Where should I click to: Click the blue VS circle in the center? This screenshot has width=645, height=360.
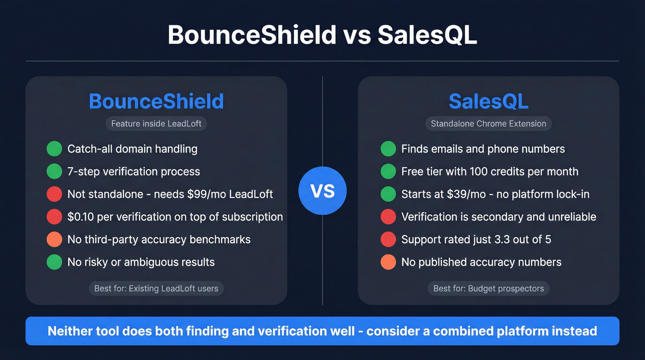point(322,190)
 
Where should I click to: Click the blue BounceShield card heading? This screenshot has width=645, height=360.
point(156,101)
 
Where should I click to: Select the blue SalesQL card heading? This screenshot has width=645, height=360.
point(488,101)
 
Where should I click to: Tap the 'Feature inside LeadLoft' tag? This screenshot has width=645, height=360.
point(156,124)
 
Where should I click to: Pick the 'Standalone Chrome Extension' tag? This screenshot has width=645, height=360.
point(488,124)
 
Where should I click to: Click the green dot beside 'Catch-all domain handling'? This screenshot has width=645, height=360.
point(54,149)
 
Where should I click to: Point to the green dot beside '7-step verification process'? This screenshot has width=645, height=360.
point(54,171)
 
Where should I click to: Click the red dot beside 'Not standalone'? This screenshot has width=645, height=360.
point(54,194)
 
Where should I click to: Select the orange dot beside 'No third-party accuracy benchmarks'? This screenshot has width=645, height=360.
point(54,240)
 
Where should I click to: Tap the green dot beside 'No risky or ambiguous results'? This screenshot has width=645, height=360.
point(54,262)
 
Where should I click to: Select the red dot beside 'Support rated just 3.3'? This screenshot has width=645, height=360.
point(388,240)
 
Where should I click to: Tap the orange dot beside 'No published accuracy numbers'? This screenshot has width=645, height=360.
point(388,262)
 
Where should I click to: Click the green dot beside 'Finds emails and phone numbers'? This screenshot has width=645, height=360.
point(388,149)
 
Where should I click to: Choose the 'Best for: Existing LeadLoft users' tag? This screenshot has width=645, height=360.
point(156,289)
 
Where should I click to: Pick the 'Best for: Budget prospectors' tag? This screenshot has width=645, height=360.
point(488,289)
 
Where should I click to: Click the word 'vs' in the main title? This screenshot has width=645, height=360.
point(357,35)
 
